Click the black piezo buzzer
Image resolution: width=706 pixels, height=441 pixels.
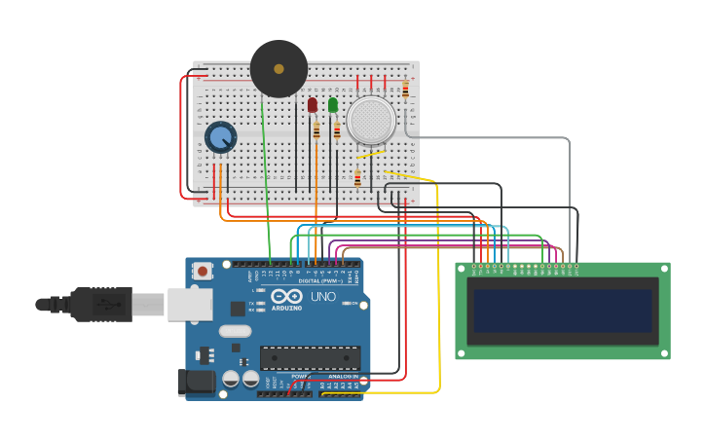[x=279, y=68]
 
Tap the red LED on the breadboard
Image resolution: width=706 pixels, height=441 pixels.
[x=312, y=104]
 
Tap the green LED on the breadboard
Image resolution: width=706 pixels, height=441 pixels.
[x=333, y=104]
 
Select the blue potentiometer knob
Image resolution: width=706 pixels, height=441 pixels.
[x=221, y=137]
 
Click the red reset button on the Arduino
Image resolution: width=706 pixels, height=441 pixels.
[x=203, y=271]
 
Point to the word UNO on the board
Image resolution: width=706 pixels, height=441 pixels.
[x=322, y=297]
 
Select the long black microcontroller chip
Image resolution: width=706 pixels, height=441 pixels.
[x=310, y=357]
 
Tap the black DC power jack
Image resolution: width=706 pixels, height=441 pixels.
[x=195, y=383]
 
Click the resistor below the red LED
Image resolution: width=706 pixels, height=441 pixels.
[x=316, y=129]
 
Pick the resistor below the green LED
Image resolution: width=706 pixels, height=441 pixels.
[x=337, y=130]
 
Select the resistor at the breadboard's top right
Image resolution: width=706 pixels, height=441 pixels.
[x=405, y=90]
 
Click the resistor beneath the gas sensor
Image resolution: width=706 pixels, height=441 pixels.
[x=357, y=178]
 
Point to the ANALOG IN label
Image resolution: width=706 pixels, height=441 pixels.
[x=342, y=377]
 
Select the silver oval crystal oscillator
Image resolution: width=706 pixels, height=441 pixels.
[x=236, y=331]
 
